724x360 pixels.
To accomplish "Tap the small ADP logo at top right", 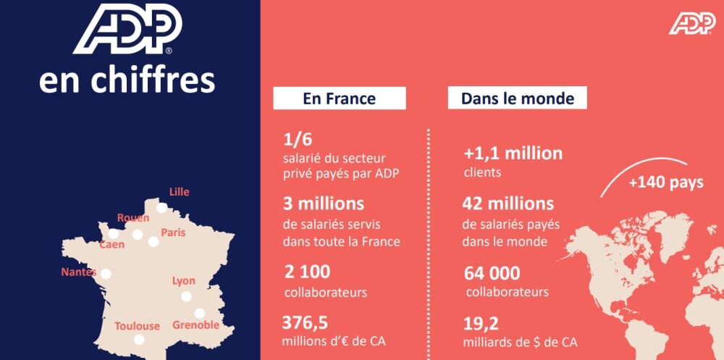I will (x=692, y=23).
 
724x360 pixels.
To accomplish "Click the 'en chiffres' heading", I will (x=127, y=80).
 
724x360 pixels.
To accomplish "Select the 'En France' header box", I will (x=339, y=99).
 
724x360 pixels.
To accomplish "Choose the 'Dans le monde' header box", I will (x=517, y=98).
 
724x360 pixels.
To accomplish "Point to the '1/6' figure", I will (x=298, y=139).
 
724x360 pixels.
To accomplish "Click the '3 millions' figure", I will (x=324, y=204).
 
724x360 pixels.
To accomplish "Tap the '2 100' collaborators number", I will (x=307, y=272).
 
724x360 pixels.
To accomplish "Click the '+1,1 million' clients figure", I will (x=513, y=154).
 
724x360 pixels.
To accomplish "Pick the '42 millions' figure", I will (x=508, y=204).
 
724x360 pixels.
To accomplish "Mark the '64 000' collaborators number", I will (x=492, y=273).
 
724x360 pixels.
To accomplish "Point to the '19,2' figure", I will (x=481, y=323).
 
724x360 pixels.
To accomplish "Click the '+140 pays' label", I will (x=665, y=183).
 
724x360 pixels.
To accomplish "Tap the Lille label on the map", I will (x=179, y=192).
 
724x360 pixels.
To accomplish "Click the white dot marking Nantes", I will (x=106, y=274).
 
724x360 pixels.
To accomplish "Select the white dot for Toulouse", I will (x=140, y=339).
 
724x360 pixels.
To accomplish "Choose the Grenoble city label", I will (x=195, y=325).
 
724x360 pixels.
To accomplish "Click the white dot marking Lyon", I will (x=186, y=296).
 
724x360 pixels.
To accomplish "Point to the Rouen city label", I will (x=133, y=217).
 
